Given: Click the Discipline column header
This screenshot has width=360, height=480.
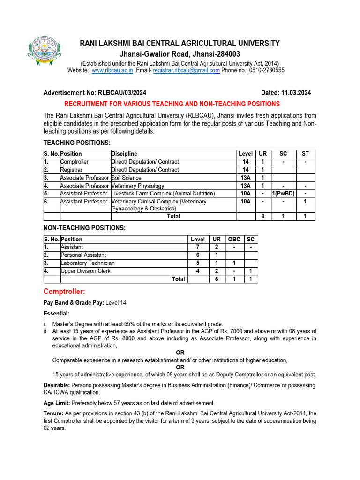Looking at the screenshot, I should click(x=124, y=154).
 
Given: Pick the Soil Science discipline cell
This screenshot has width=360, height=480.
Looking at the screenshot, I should click(x=127, y=178).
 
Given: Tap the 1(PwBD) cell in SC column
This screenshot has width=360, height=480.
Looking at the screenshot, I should click(x=283, y=194).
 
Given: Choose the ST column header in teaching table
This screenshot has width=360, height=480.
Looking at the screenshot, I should click(x=306, y=154).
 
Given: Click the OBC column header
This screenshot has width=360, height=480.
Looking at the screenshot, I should click(x=234, y=239).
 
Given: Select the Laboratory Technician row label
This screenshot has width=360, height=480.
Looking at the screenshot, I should click(x=88, y=263).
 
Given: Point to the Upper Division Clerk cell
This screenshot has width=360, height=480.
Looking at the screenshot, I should click(x=86, y=271).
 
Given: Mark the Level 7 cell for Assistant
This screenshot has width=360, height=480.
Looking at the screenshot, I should click(x=198, y=247).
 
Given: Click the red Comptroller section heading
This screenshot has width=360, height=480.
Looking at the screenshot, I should click(x=64, y=292).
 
